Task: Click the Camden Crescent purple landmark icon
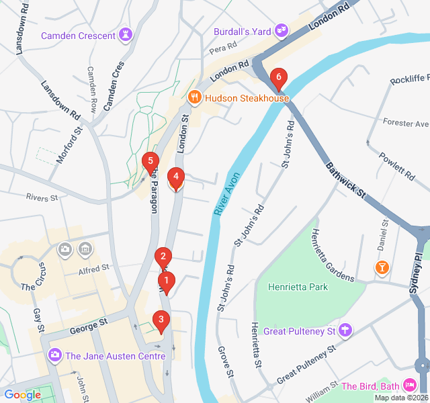(126, 35)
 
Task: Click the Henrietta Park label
(298, 287)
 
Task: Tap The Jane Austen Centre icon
(54, 355)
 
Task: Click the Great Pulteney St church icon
(345, 330)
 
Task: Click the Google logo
(22, 395)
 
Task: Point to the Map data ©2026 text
(400, 398)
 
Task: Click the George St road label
(89, 326)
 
